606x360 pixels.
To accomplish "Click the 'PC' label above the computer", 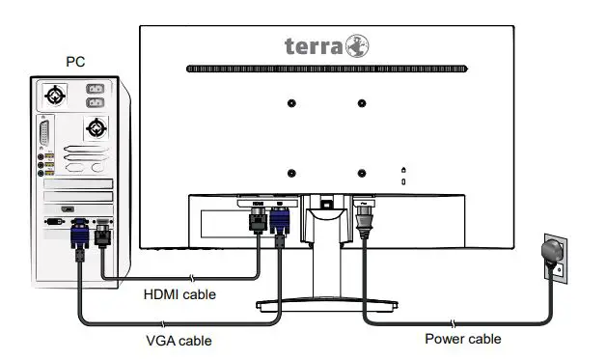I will pyautogui.click(x=75, y=62).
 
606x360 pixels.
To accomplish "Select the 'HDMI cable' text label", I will pyautogui.click(x=179, y=293).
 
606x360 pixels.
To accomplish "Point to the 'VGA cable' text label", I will pyautogui.click(x=179, y=340).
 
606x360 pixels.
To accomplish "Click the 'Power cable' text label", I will pyautogui.click(x=463, y=339).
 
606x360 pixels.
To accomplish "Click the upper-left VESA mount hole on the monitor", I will pyautogui.click(x=291, y=103).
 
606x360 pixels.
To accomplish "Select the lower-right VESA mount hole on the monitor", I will pyautogui.click(x=362, y=174).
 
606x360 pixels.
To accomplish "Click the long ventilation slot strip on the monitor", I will pyautogui.click(x=327, y=69).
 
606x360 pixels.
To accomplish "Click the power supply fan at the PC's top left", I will pyautogui.click(x=57, y=96).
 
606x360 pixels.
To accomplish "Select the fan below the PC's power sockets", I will pyautogui.click(x=96, y=128).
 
